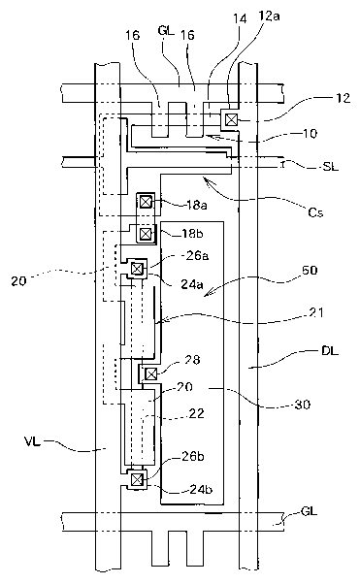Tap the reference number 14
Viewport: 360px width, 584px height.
click(x=241, y=18)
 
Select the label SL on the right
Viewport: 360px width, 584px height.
click(x=330, y=167)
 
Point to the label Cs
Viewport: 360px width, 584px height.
click(x=315, y=212)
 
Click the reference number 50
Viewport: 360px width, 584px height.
click(x=311, y=270)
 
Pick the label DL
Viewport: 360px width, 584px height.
click(x=330, y=350)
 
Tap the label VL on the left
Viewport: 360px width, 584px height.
click(x=33, y=442)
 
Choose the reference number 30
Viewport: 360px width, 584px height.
click(x=303, y=405)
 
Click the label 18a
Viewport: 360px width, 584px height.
click(x=194, y=205)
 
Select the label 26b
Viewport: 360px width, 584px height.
click(x=192, y=456)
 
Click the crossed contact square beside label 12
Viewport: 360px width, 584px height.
click(x=231, y=120)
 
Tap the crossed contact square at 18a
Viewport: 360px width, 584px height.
click(x=146, y=202)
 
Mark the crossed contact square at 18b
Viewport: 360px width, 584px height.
click(x=146, y=234)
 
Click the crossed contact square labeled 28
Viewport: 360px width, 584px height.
click(x=150, y=373)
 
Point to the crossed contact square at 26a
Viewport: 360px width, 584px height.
click(x=137, y=268)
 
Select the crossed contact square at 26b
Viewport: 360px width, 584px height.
click(x=137, y=479)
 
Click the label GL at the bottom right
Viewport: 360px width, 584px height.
click(x=309, y=511)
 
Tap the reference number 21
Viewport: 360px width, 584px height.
click(x=316, y=312)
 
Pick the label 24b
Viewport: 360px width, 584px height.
click(x=201, y=489)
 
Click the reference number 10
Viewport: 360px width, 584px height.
click(x=309, y=133)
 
